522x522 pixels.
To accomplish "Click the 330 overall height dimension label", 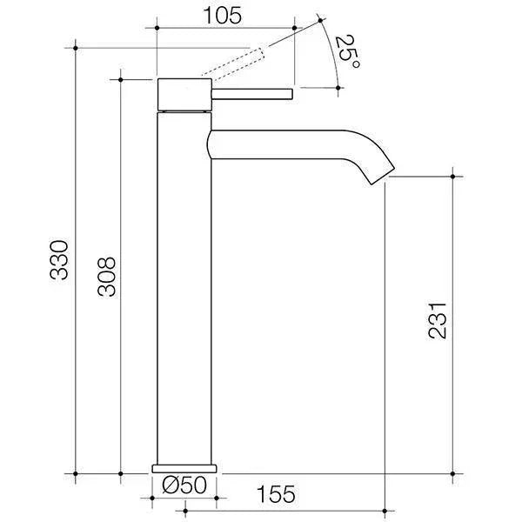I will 58,259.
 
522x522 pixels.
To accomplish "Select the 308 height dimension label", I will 105,277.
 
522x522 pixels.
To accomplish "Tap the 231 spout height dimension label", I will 440,320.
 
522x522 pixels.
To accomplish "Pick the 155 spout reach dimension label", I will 277,493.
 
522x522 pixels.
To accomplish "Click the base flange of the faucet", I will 184,468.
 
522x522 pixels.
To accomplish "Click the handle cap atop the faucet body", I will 184,95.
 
